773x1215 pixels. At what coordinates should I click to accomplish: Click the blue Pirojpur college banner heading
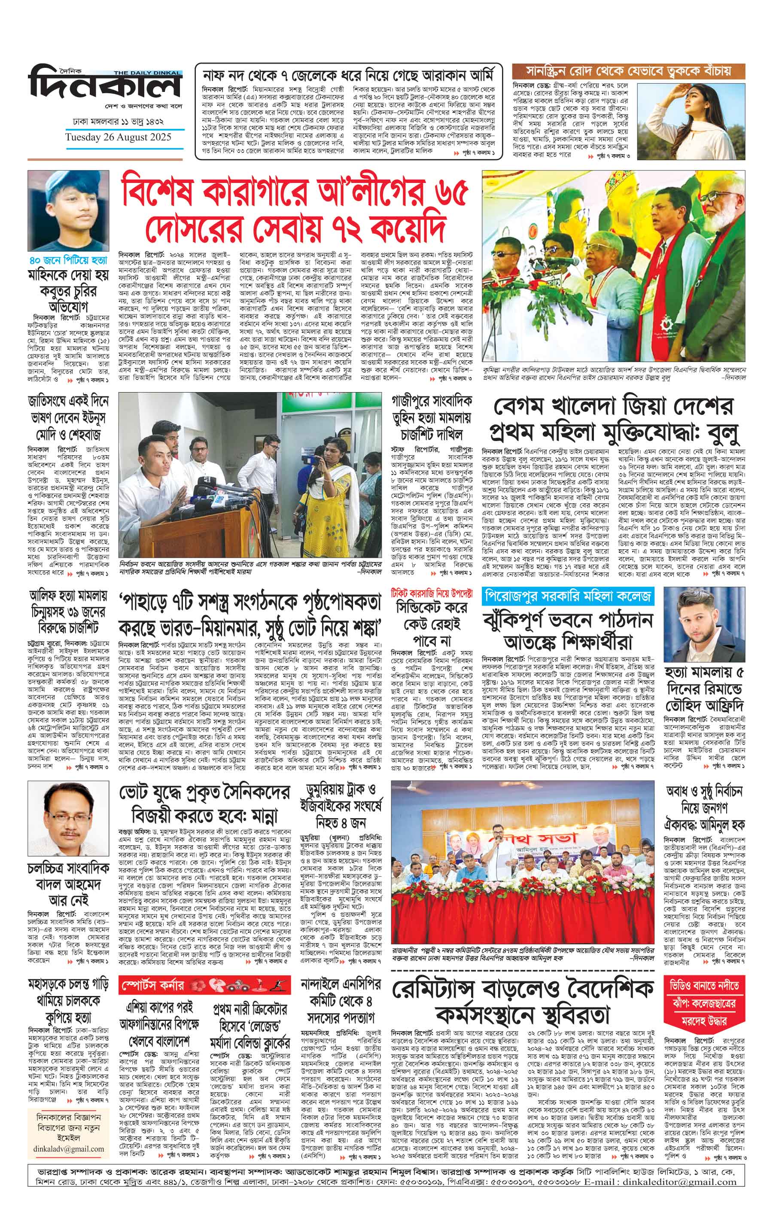pos(567,597)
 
